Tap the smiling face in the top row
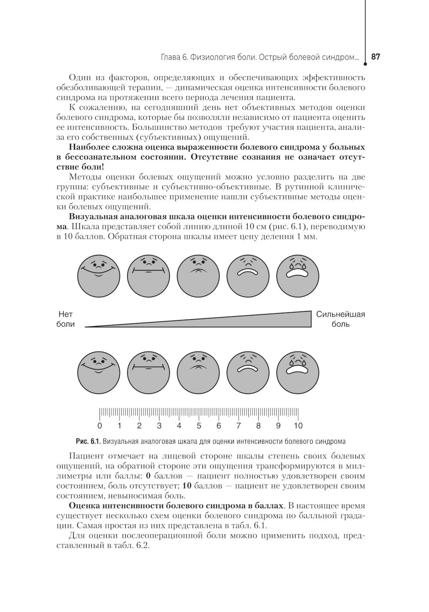pyautogui.click(x=99, y=275)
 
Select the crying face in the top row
pyautogui.click(x=298, y=275)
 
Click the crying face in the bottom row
pyautogui.click(x=298, y=371)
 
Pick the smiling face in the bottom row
pyautogui.click(x=99, y=371)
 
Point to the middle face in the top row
pyautogui.click(x=198, y=275)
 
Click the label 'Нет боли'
pyautogui.click(x=66, y=319)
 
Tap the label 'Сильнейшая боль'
pyautogui.click(x=341, y=319)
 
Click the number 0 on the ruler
pyautogui.click(x=100, y=426)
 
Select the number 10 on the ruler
pyautogui.click(x=298, y=426)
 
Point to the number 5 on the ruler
pyautogui.click(x=199, y=426)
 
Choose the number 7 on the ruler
pyautogui.click(x=239, y=426)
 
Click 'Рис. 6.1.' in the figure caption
pyautogui.click(x=88, y=441)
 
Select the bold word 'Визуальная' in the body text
pyautogui.click(x=93, y=216)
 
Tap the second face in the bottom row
pyautogui.click(x=148, y=371)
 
